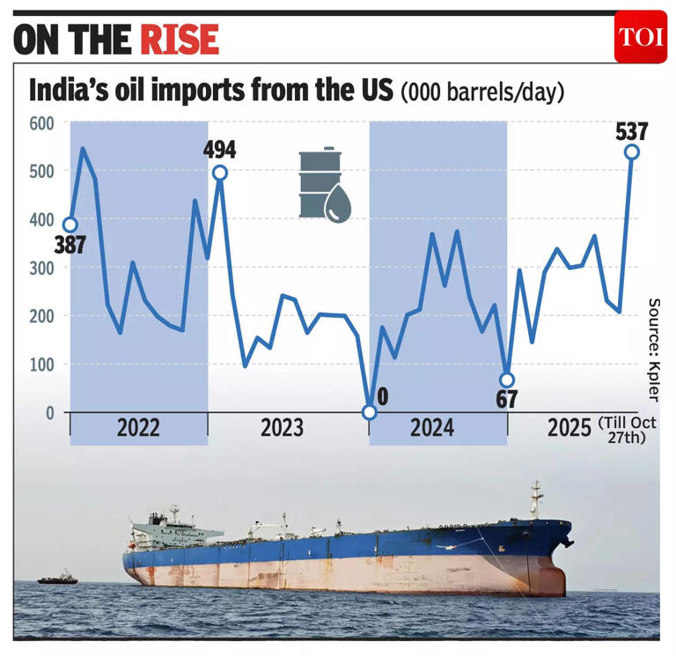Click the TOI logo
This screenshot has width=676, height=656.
tap(640, 37)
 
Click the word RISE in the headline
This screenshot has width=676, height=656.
tap(178, 39)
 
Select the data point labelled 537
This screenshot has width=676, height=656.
tap(632, 152)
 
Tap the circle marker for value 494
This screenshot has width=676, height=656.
tap(220, 173)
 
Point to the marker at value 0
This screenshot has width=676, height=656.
tap(370, 412)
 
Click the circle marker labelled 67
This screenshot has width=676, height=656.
tap(506, 380)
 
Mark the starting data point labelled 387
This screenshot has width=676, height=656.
tap(70, 225)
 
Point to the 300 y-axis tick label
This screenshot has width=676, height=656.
tap(41, 268)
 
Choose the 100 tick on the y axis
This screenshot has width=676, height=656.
tap(41, 364)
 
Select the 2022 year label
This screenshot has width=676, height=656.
tap(138, 428)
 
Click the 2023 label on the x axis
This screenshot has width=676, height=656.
tap(282, 428)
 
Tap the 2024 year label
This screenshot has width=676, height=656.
tap(432, 428)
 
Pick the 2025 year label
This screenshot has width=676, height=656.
tap(569, 429)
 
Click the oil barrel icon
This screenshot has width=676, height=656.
tap(323, 184)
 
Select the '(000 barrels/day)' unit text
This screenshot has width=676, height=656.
tap(481, 92)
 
